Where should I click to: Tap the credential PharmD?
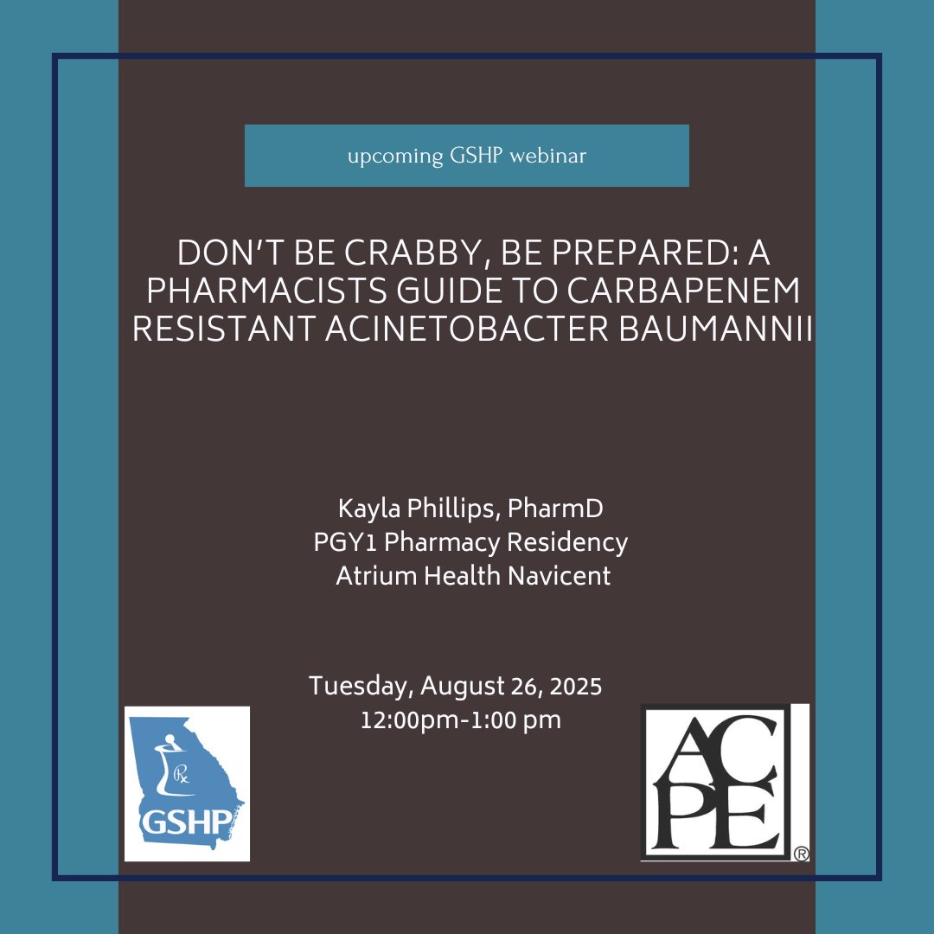point(566,508)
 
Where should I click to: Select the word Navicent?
point(566,576)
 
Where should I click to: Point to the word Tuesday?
point(360,687)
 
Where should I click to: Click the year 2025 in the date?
point(572,687)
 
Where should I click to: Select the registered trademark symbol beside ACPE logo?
point(801,854)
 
